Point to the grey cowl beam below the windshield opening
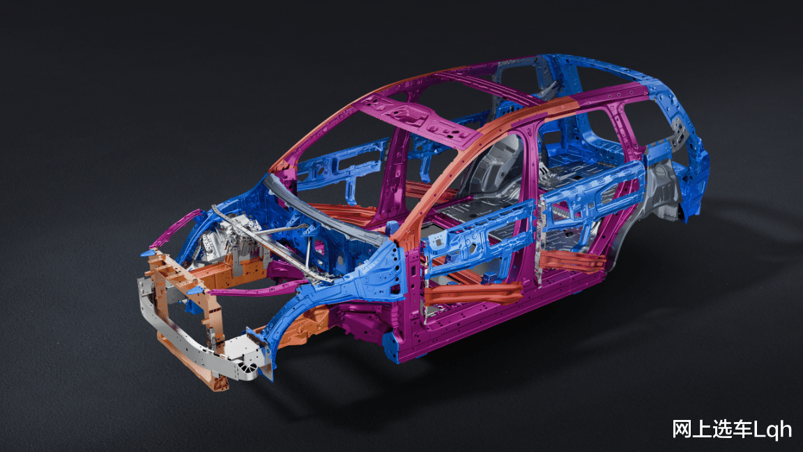tap(328, 210)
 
